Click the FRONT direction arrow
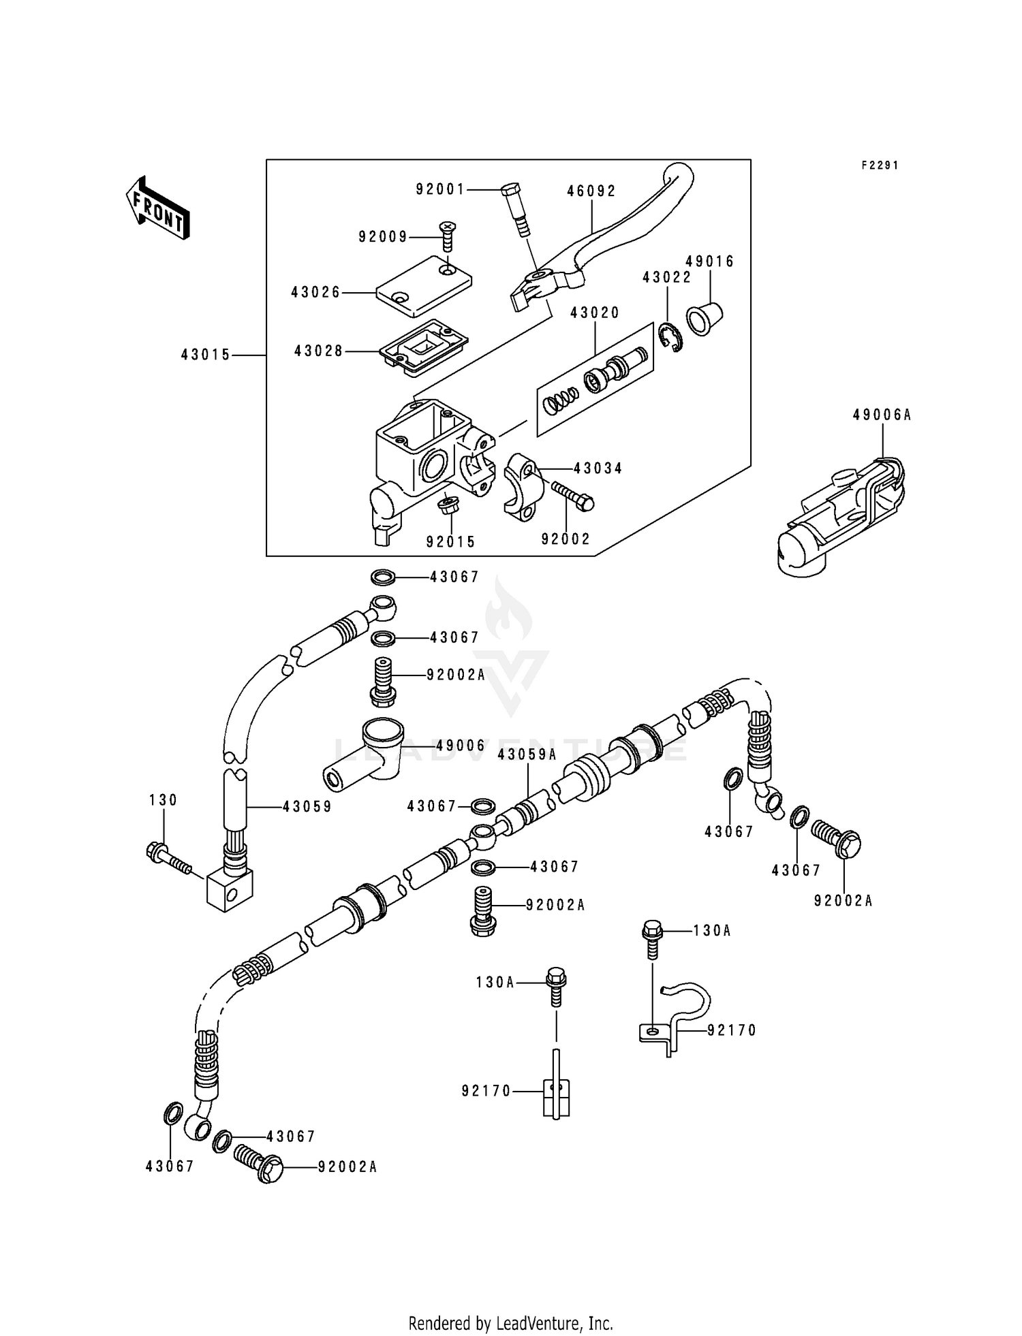(157, 207)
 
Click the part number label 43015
(206, 355)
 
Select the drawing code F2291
(880, 165)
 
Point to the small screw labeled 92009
(447, 235)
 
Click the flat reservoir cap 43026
(424, 285)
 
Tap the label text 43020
(595, 313)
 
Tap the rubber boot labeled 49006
(365, 756)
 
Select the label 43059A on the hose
(527, 754)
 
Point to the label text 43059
(307, 807)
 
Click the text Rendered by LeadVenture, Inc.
(510, 1323)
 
